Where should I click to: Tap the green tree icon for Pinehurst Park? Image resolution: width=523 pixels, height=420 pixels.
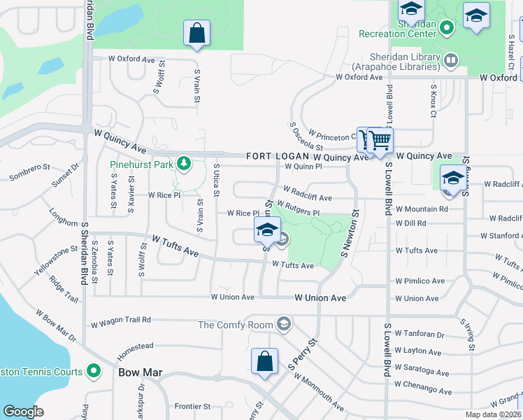pyautogui.click(x=184, y=164)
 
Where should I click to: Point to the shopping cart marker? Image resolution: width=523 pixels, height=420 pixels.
pyautogui.click(x=380, y=141)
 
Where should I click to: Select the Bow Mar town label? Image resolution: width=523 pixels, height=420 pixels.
pyautogui.click(x=140, y=372)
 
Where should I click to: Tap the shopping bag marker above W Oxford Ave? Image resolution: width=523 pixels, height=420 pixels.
pyautogui.click(x=197, y=33)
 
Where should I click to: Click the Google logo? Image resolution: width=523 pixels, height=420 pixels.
pyautogui.click(x=23, y=412)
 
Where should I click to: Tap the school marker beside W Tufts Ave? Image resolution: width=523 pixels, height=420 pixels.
pyautogui.click(x=266, y=229)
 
